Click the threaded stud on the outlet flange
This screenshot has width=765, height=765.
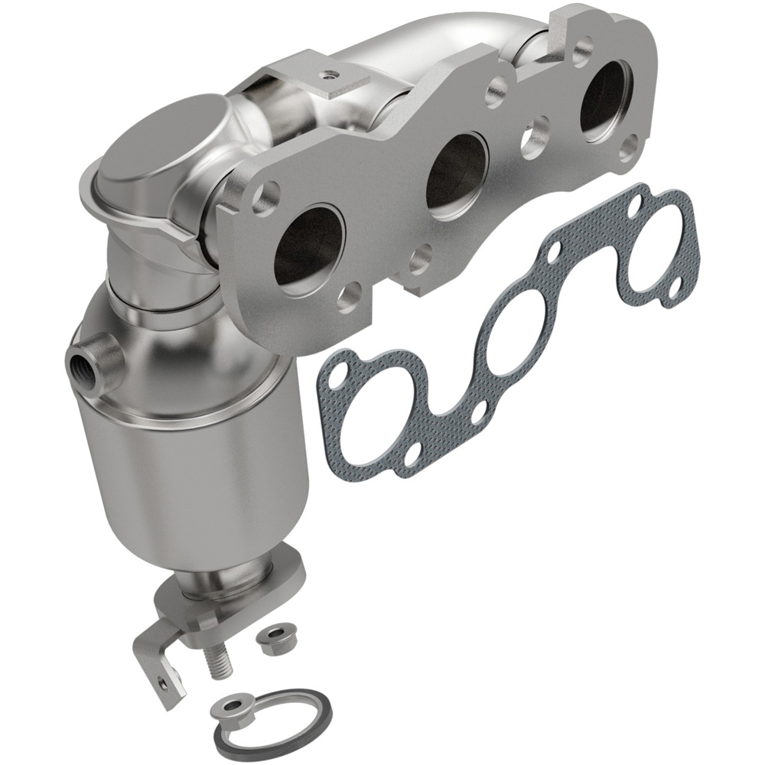(x=220, y=659)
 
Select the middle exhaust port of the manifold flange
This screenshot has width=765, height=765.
(x=457, y=174)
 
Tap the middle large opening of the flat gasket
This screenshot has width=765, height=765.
(x=520, y=329)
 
